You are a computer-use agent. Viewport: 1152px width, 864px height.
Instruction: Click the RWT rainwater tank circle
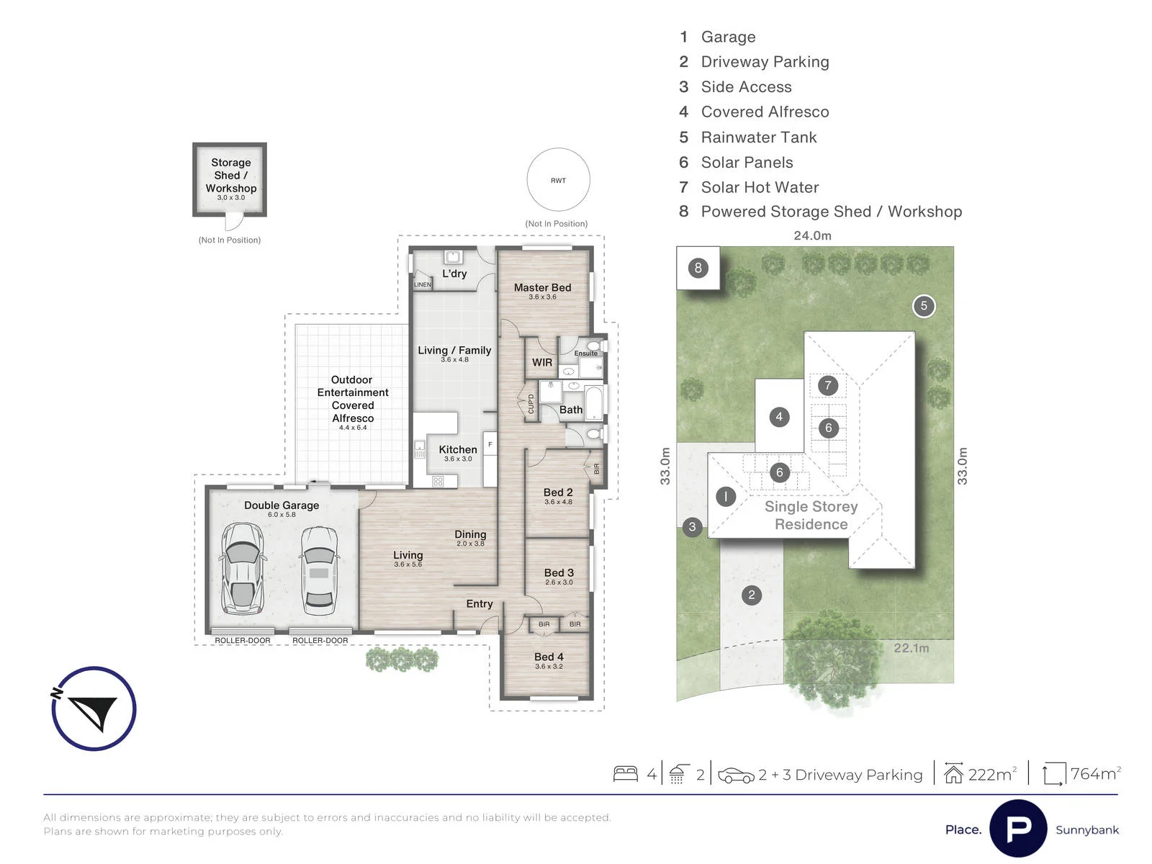[558, 148]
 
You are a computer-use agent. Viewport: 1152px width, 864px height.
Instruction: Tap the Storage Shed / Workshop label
[231, 175]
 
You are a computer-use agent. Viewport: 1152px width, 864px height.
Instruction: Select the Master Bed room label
[542, 287]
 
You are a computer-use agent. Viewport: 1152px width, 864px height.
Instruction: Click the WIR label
[541, 362]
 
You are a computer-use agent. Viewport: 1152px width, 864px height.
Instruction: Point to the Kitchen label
[458, 449]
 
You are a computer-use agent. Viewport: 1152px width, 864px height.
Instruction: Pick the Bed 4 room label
[549, 657]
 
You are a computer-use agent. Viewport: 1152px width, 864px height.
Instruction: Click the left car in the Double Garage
[241, 568]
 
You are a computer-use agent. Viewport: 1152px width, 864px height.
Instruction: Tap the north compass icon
[94, 708]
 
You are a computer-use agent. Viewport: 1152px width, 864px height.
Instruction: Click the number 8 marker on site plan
[698, 268]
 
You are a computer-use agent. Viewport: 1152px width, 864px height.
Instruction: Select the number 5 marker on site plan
[924, 306]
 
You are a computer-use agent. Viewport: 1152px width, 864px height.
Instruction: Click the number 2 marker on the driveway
[752, 595]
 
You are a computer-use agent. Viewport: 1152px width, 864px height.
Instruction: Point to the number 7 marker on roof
[828, 386]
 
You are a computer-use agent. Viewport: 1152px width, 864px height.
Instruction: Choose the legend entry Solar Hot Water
[749, 187]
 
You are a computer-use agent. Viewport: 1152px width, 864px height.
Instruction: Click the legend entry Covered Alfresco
[754, 112]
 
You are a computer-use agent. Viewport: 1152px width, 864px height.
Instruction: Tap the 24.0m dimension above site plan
[812, 235]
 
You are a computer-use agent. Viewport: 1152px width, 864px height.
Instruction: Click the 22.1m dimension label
[911, 648]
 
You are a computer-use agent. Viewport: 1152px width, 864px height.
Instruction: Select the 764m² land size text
[1095, 774]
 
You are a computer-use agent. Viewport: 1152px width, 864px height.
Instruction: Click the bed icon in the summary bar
[625, 774]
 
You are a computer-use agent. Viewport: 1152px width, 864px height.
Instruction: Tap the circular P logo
[1017, 828]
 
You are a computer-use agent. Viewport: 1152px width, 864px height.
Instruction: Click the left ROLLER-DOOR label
[243, 641]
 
